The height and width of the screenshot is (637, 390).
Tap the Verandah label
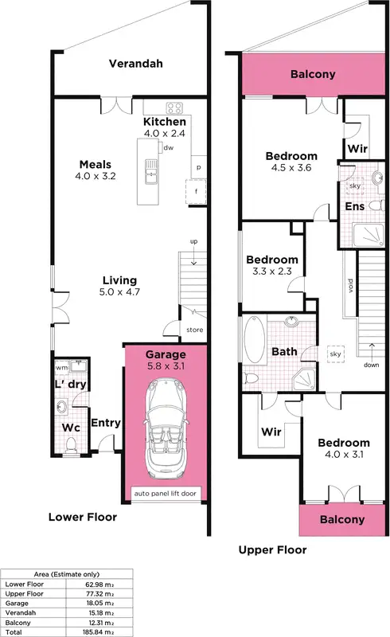135,64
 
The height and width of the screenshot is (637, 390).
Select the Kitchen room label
165,122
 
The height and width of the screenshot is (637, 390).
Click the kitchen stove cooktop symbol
175,108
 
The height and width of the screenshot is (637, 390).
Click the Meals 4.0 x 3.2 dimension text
96,176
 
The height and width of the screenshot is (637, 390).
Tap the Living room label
119,280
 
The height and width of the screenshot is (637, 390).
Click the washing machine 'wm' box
61,368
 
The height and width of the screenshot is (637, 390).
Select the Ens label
354,207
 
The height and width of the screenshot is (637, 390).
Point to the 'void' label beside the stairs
350,284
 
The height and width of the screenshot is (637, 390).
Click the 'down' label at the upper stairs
371,365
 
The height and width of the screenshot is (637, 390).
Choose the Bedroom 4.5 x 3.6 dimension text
291,169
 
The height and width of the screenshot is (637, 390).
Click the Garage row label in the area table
18,604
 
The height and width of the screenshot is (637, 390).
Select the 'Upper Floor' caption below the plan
272,549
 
